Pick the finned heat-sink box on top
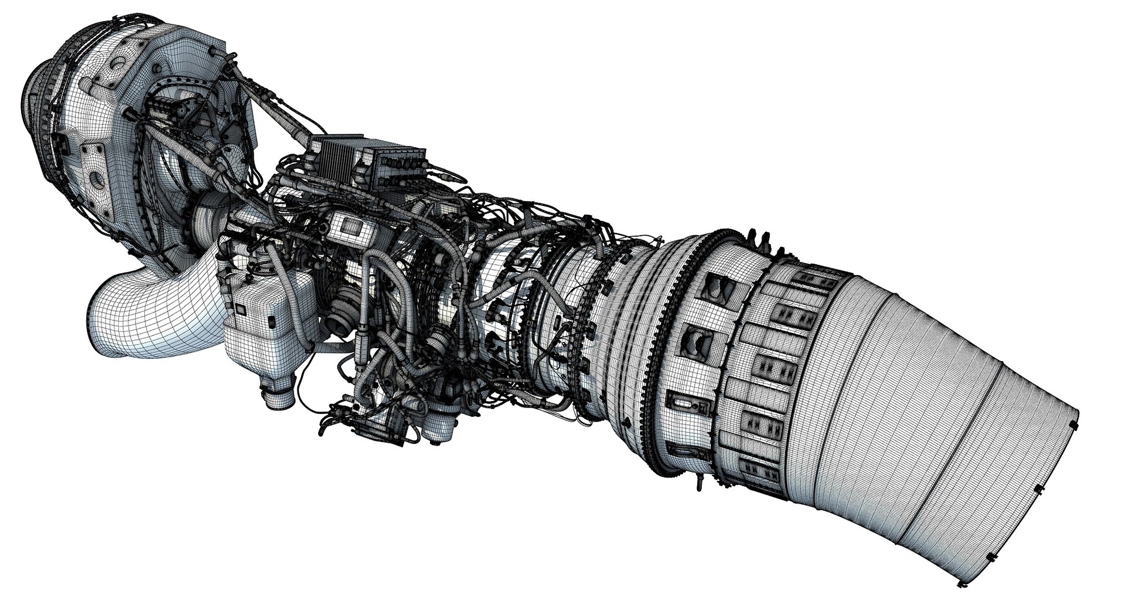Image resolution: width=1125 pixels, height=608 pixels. [x=335, y=158]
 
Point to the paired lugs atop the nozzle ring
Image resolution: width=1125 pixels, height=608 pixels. [x=759, y=237]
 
